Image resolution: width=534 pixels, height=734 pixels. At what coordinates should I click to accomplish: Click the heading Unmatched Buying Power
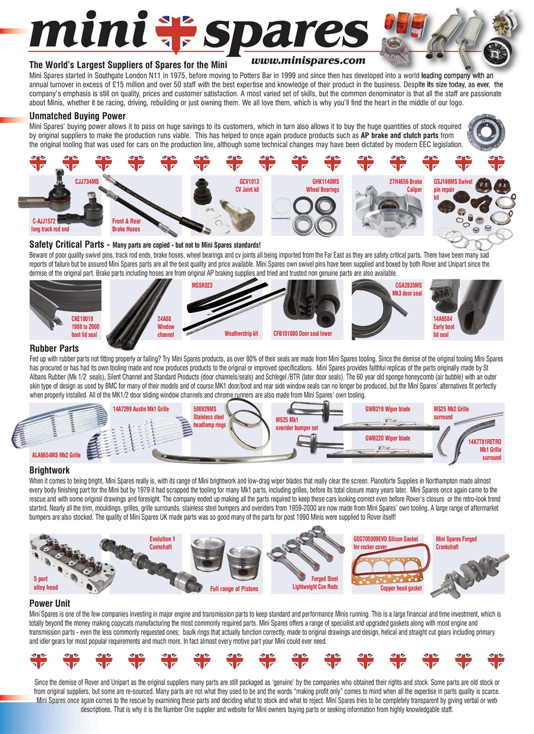click(x=77, y=116)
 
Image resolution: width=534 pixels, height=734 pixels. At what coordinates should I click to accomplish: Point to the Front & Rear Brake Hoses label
click(x=127, y=224)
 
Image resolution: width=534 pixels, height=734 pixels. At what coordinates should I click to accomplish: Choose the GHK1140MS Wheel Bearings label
click(x=322, y=185)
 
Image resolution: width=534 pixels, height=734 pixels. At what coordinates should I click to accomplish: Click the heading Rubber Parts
click(x=54, y=348)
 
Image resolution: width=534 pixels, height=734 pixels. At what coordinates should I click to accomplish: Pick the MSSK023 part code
click(x=202, y=285)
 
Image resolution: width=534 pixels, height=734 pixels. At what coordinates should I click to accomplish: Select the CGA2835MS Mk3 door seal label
click(x=408, y=288)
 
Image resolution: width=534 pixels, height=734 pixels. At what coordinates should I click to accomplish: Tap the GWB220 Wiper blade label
click(x=388, y=438)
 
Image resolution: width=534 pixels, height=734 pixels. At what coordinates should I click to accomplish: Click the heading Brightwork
click(x=49, y=470)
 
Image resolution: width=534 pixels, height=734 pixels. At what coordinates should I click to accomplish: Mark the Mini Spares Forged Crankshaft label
click(x=456, y=542)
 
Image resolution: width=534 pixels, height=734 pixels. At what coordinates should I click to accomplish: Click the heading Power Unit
click(x=49, y=603)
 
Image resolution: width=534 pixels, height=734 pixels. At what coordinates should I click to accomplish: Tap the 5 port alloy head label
click(x=45, y=583)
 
